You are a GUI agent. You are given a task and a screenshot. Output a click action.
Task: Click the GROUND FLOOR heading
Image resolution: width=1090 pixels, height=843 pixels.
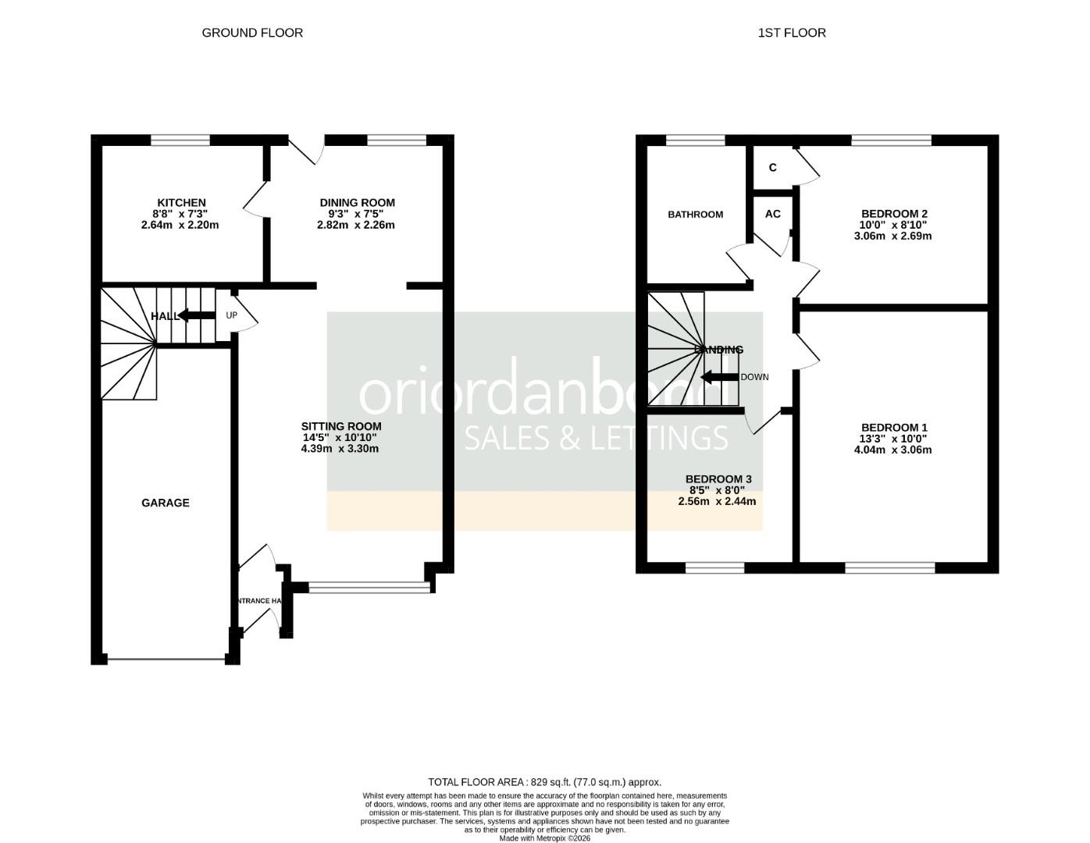pyautogui.click(x=252, y=33)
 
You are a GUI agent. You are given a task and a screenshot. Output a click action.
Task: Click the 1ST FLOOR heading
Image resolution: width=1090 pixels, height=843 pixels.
pyautogui.click(x=792, y=33)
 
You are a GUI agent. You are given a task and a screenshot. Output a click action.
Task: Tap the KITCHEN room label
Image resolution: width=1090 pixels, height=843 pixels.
pyautogui.click(x=181, y=203)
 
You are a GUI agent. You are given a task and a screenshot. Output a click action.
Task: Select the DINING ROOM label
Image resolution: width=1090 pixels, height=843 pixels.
pyautogui.click(x=357, y=203)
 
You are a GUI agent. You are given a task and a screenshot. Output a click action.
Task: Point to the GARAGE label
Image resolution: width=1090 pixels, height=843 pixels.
pyautogui.click(x=166, y=503)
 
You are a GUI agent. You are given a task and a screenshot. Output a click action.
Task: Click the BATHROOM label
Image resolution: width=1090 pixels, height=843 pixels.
pyautogui.click(x=695, y=215)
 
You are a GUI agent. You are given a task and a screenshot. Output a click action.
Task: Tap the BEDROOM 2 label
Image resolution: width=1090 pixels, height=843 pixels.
pyautogui.click(x=894, y=214)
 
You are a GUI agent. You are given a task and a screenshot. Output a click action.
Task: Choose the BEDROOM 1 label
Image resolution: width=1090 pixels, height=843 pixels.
pyautogui.click(x=894, y=428)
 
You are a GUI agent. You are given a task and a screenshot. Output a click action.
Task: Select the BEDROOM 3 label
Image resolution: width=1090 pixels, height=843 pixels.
pyautogui.click(x=718, y=479)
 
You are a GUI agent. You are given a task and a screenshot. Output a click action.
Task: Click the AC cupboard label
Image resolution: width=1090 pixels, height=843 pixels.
pyautogui.click(x=773, y=215)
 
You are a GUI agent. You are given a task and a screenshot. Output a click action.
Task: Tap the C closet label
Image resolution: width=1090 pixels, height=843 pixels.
pyautogui.click(x=773, y=168)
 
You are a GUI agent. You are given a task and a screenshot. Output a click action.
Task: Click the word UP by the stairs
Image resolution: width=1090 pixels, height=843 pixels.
pyautogui.click(x=231, y=316)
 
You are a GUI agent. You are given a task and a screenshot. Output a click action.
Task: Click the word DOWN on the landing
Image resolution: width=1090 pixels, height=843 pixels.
pyautogui.click(x=754, y=378)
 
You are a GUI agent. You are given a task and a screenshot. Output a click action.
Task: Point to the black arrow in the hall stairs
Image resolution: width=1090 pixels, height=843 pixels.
pyautogui.click(x=196, y=315)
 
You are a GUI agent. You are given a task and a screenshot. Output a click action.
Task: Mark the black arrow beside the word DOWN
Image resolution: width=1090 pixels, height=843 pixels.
pyautogui.click(x=719, y=378)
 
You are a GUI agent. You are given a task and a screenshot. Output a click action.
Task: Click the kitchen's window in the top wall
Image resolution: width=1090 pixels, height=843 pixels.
pyautogui.click(x=180, y=140)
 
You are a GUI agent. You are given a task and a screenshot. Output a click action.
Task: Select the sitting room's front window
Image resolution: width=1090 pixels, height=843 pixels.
pyautogui.click(x=369, y=588)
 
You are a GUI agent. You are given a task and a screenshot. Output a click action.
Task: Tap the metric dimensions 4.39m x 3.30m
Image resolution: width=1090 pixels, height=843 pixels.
pyautogui.click(x=340, y=449)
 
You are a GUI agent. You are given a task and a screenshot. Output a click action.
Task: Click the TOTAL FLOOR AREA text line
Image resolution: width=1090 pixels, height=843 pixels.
pyautogui.click(x=544, y=782)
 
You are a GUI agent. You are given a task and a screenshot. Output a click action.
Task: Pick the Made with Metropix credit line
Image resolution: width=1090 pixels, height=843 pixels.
pyautogui.click(x=544, y=838)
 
